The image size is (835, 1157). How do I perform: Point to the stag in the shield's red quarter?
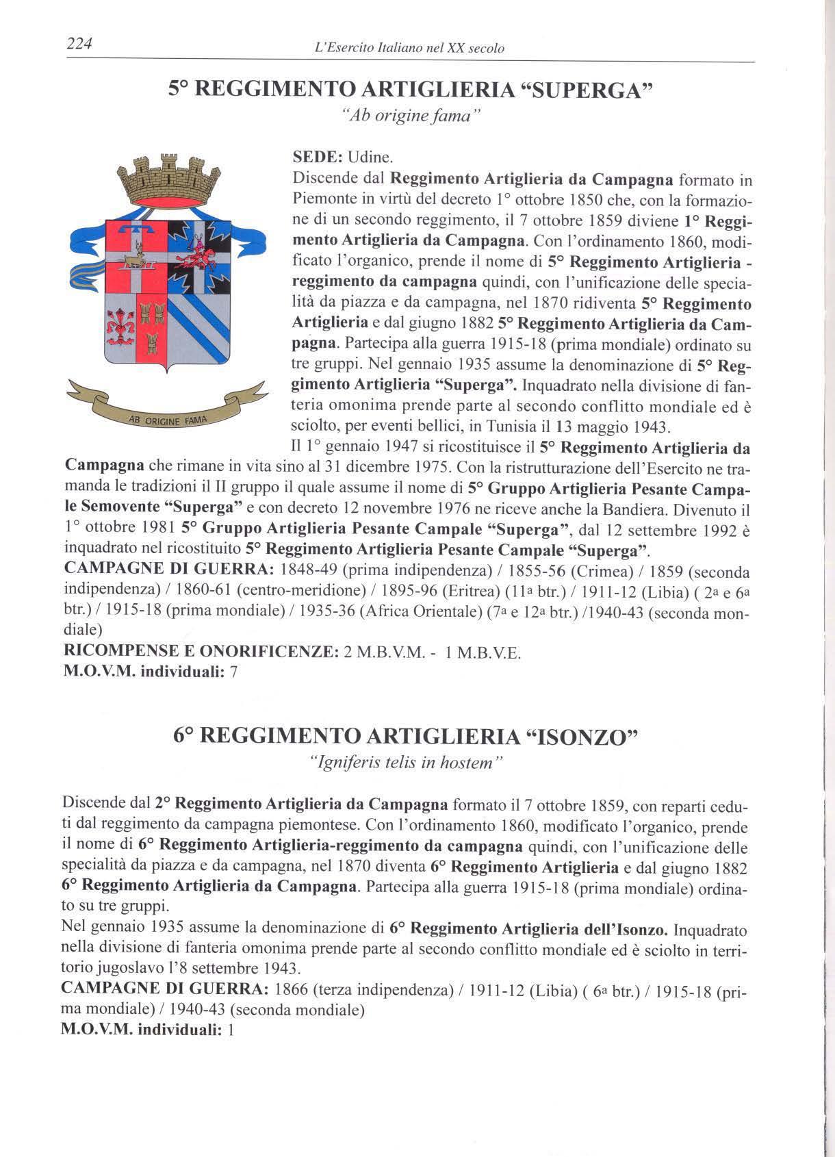136,254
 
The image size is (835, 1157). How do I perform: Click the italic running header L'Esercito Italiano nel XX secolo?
408,49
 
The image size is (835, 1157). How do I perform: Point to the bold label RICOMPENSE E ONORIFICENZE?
201,652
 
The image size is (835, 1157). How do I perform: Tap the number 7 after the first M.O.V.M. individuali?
233,672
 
